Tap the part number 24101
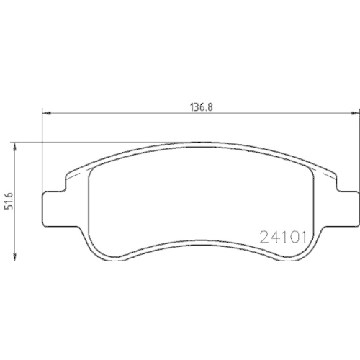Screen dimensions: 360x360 pos(283,235)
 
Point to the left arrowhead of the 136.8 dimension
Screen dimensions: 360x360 pos(48,112)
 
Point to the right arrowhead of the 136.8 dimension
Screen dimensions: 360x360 pos(353,112)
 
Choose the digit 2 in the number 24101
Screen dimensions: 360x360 pos(263,235)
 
